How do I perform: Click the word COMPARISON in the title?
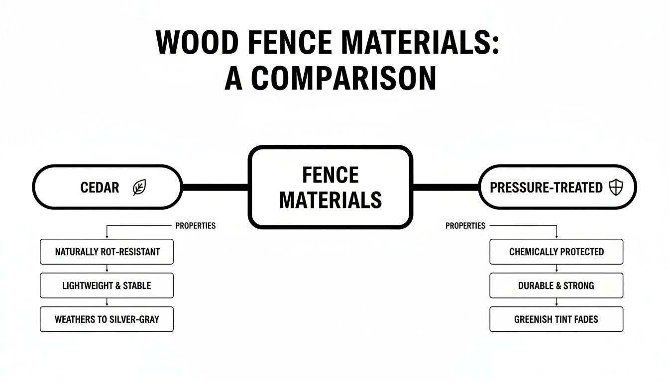coord(343,78)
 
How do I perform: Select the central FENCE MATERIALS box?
coord(330,188)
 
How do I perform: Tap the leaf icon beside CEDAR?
coord(139,188)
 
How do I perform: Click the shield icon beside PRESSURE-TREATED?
coord(616,188)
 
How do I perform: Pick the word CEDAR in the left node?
coord(100,188)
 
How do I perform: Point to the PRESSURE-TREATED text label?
coord(546,188)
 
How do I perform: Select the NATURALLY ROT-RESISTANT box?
coord(107,252)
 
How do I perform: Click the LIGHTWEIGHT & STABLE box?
coord(107,286)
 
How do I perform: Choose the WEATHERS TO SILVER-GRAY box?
coord(107,319)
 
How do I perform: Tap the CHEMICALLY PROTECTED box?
coord(556,252)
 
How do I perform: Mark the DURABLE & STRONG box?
coord(556,286)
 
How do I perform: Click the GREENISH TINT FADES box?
coord(556,319)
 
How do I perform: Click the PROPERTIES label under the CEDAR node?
coord(195,226)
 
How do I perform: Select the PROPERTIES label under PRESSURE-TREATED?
coord(465,226)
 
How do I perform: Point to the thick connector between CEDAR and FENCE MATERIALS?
coord(215,188)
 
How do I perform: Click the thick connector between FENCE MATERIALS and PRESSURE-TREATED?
coord(446,188)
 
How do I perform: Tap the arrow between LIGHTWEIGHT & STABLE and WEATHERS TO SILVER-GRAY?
coord(107,302)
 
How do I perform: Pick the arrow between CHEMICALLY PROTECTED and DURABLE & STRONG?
coord(556,269)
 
